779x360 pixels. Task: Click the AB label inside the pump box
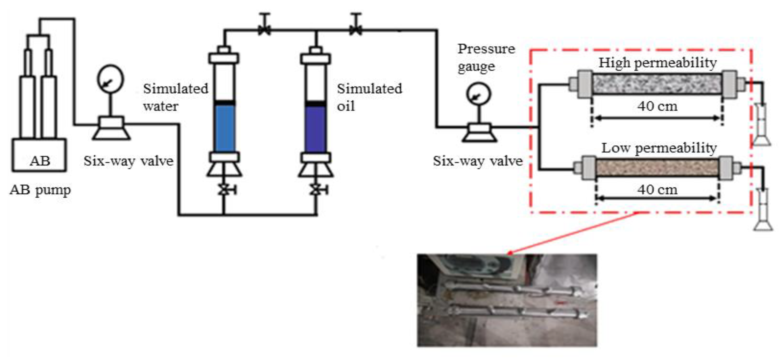click(40, 160)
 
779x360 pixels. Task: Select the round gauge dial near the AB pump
click(110, 79)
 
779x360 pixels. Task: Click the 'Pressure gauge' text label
click(486, 57)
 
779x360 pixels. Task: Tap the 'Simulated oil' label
click(369, 97)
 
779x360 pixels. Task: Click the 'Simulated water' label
click(175, 97)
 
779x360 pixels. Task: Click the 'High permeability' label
click(657, 63)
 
